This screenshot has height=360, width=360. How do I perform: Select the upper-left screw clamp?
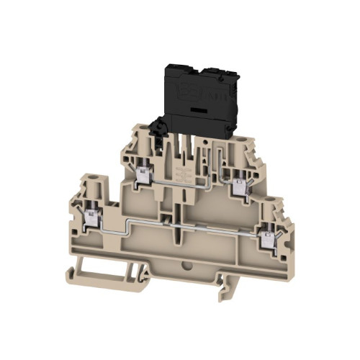coord(143,173)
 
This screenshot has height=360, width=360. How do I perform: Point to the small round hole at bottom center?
coord(189,272)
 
